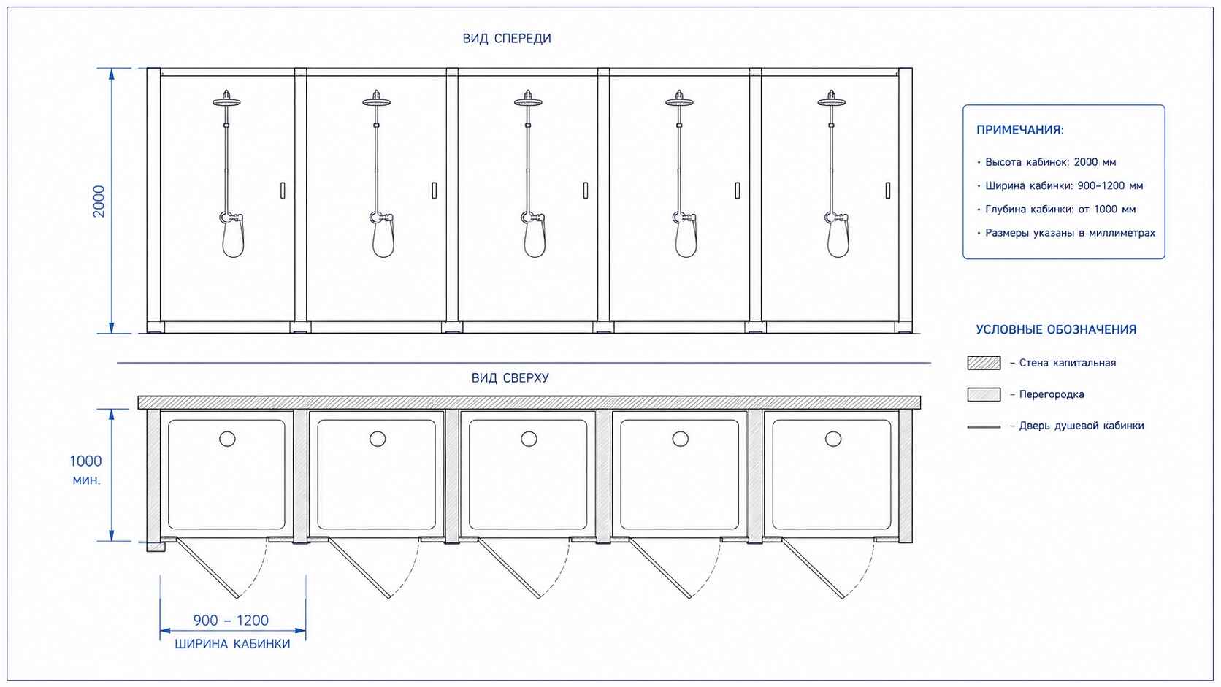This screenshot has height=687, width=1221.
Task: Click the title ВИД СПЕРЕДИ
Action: (506, 38)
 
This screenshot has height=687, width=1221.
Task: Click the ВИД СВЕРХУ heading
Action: (510, 377)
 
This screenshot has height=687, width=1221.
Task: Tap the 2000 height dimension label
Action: (99, 201)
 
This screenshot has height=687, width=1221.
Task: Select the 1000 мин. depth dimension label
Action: (85, 470)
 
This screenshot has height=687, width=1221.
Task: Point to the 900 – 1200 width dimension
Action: (231, 620)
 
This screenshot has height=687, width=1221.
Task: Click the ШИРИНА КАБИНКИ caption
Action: (232, 644)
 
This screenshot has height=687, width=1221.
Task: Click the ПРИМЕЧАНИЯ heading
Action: (1020, 130)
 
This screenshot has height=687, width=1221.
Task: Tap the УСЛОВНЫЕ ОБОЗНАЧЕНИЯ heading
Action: (1056, 329)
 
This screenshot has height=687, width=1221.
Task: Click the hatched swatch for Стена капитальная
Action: (984, 363)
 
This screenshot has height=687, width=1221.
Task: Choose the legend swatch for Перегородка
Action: (984, 394)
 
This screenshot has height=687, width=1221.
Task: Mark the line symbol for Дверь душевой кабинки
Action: (984, 426)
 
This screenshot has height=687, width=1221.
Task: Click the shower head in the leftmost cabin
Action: (227, 100)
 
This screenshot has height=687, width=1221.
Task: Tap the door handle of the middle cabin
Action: (586, 190)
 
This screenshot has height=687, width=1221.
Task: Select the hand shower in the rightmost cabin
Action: (838, 237)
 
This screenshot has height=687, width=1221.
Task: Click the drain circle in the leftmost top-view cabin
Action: (227, 439)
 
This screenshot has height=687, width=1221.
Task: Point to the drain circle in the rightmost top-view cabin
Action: (833, 439)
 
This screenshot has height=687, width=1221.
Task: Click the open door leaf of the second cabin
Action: (359, 568)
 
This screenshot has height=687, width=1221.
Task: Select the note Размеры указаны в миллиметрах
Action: (1070, 233)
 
